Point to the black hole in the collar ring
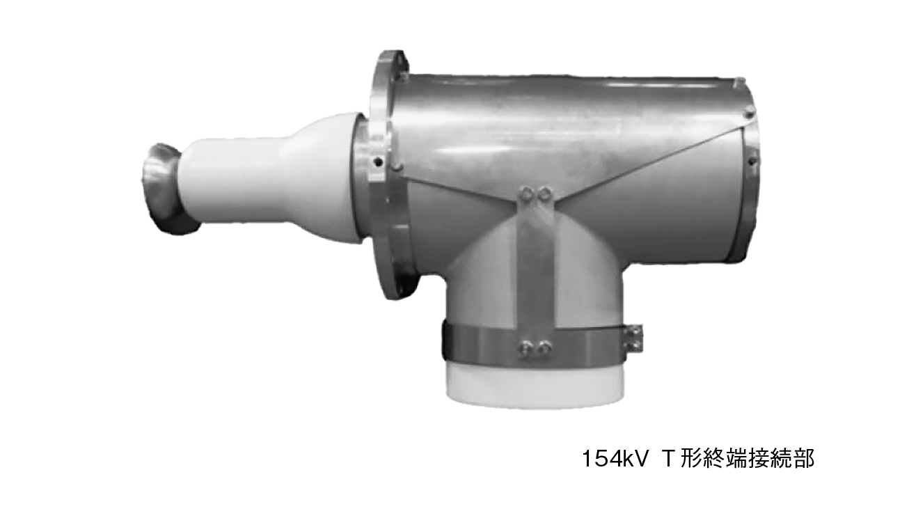tap(379, 162)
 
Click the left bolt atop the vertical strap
tap(526, 194)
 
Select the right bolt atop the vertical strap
tap(544, 194)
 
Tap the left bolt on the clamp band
tap(525, 347)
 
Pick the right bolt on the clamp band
tap(543, 347)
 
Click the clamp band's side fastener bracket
tap(634, 338)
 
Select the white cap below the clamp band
tap(535, 386)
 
